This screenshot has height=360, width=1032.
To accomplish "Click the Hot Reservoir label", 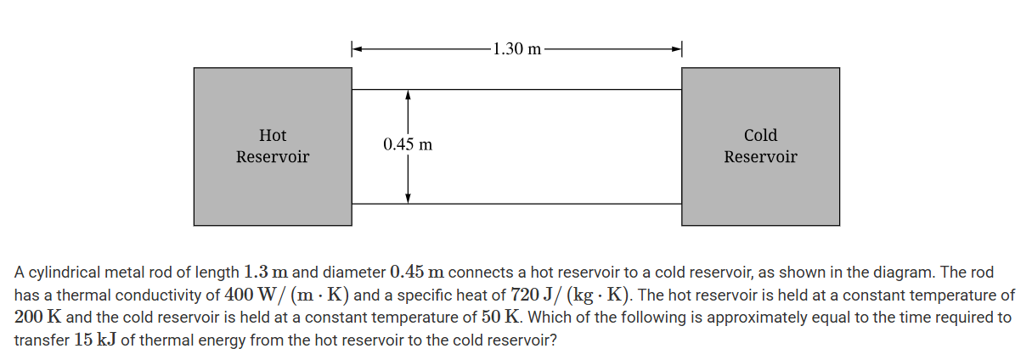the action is [x=272, y=146].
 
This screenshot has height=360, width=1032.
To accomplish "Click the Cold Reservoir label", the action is [x=760, y=146].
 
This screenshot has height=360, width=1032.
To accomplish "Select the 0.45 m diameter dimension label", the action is [x=408, y=144].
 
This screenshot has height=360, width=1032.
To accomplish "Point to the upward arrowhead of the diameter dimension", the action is [x=409, y=95].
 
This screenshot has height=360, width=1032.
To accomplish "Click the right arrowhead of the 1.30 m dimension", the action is [x=676, y=48].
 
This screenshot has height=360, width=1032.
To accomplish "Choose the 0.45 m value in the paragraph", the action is [x=417, y=273].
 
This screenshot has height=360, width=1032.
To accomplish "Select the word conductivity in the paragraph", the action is [x=173, y=295].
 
